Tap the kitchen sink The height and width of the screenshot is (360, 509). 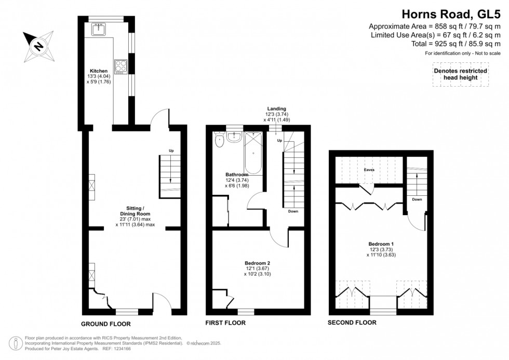[99, 30]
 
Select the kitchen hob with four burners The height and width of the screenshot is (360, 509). [121, 66]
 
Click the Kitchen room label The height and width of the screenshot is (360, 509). [99, 71]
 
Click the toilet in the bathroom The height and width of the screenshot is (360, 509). [219, 138]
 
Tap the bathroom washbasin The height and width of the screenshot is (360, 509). [234, 137]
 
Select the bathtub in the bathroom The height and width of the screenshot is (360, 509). [254, 153]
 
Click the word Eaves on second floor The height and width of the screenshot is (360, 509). [369, 170]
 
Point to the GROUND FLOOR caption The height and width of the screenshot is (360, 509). [105, 323]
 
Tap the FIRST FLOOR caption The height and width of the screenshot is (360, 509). [226, 323]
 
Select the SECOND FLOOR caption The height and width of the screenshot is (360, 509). [352, 323]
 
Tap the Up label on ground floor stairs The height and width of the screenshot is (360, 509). [171, 151]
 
